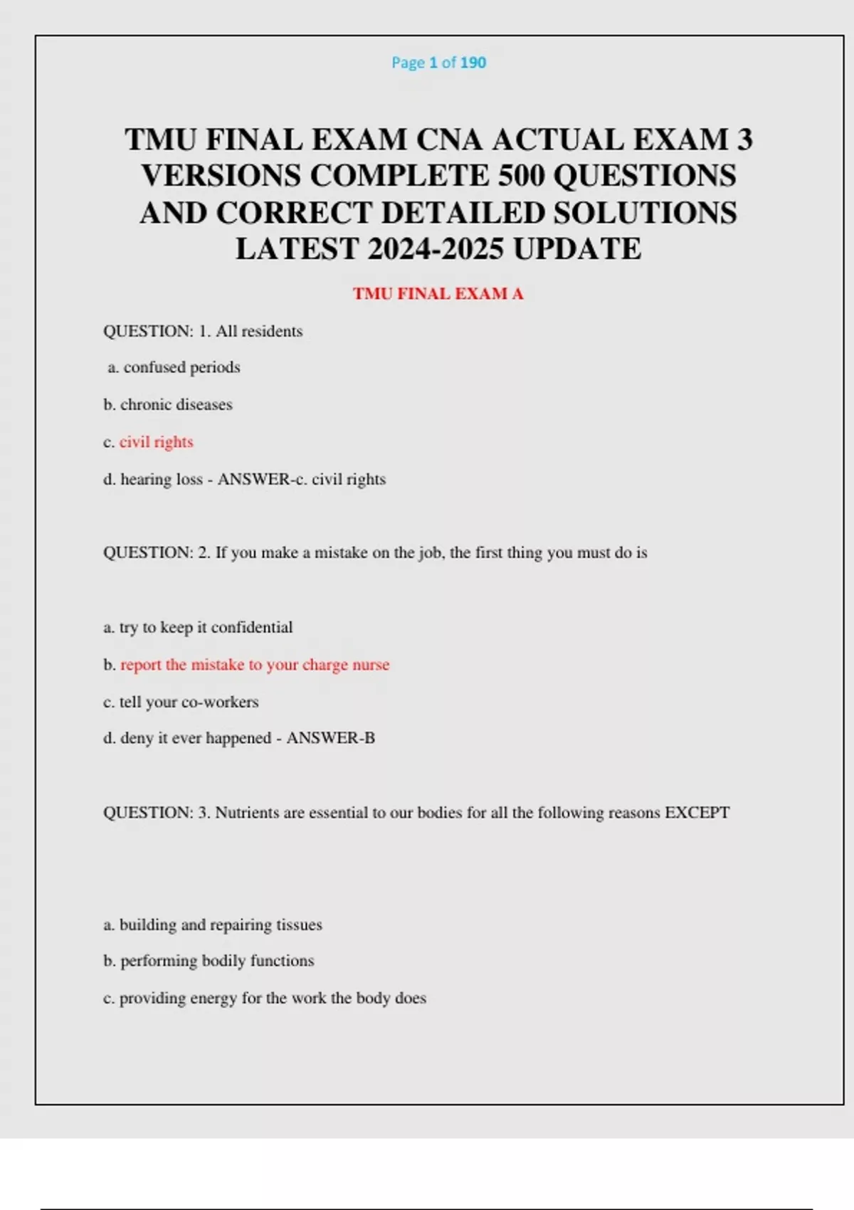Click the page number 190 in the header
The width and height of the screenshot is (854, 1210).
473,63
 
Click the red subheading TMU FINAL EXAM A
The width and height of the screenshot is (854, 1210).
438,294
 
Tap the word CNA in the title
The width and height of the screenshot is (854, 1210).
449,140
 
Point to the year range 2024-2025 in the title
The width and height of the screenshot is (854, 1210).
435,249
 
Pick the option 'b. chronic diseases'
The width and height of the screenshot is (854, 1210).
168,405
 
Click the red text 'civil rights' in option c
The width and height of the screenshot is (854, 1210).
156,442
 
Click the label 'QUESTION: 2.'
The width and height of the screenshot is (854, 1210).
157,553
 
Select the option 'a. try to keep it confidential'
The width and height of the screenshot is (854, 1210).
198,628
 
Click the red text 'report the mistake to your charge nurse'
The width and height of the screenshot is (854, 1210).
255,665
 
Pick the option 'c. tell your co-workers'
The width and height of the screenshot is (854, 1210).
181,702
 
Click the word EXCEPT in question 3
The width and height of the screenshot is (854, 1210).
697,813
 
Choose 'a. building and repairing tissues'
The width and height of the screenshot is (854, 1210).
213,925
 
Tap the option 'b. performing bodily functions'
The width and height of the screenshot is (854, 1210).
209,961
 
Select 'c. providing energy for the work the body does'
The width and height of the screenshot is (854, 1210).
265,998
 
